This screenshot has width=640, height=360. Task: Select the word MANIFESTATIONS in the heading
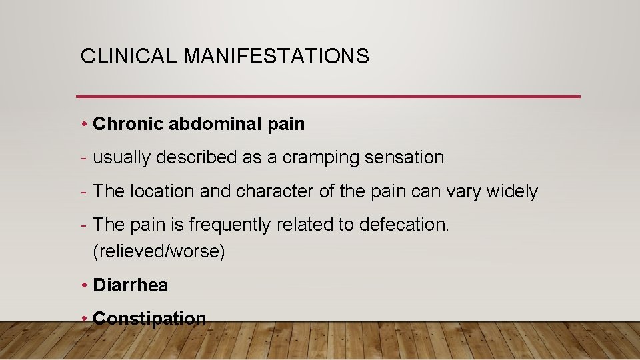pos(276,56)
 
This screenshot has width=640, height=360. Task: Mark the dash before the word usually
pos(83,159)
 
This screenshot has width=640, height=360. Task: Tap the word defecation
pos(404,225)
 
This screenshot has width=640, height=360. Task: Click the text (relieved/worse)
pos(159,252)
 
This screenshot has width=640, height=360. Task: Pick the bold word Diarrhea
pos(131,286)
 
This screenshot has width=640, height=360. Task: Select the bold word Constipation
pos(149,319)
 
